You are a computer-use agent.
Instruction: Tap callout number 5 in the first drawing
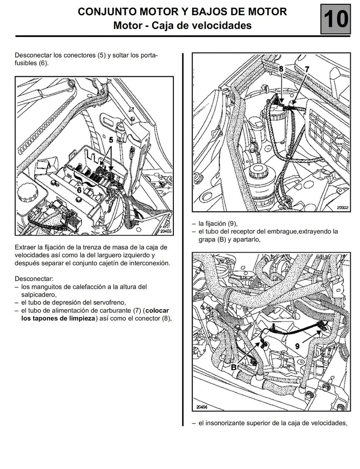click(111, 139)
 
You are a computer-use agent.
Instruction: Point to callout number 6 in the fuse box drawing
click(79, 190)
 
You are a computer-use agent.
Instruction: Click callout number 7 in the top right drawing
click(307, 69)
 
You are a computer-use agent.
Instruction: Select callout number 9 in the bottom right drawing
click(297, 345)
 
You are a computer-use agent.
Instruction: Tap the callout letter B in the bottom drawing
click(233, 366)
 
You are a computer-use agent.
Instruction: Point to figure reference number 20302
click(342, 208)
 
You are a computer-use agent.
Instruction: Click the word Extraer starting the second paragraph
click(28, 247)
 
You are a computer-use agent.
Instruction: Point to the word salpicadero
click(39, 295)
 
